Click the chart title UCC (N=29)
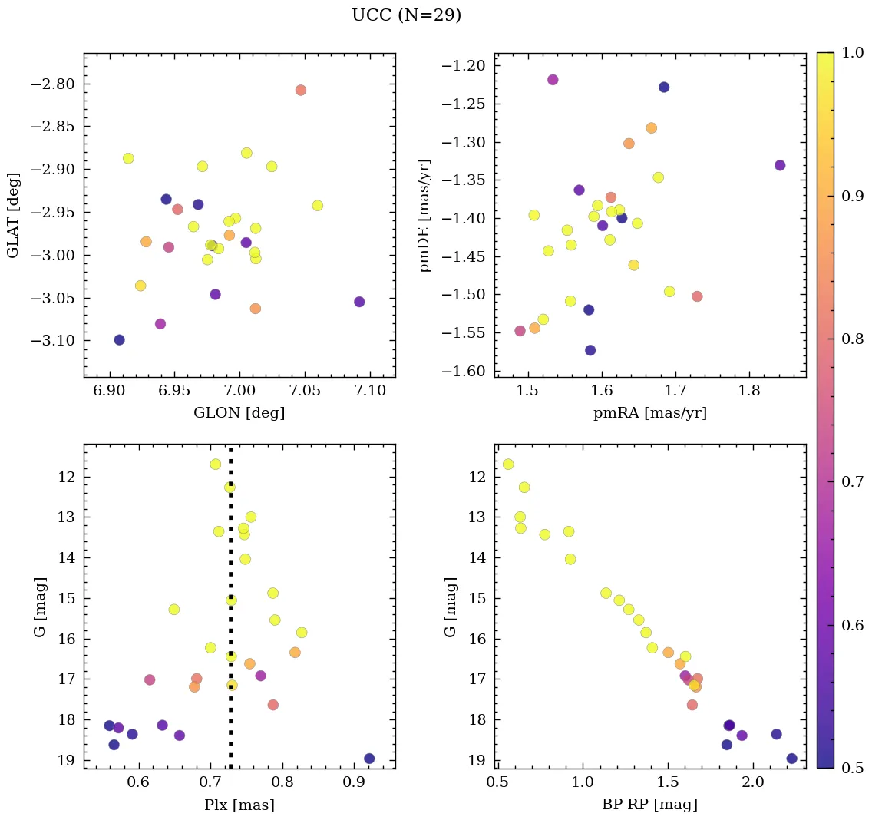coord(406,15)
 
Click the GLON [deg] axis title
coord(239,413)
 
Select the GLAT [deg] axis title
coord(13,215)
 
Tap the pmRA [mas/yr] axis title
coord(649,413)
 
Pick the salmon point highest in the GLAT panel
coord(300,90)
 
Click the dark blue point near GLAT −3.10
coord(119,340)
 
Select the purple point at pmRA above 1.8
coord(780,165)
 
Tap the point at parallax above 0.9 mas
coord(369,759)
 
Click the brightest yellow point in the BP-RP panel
coord(508,465)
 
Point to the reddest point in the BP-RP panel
coord(792,759)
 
